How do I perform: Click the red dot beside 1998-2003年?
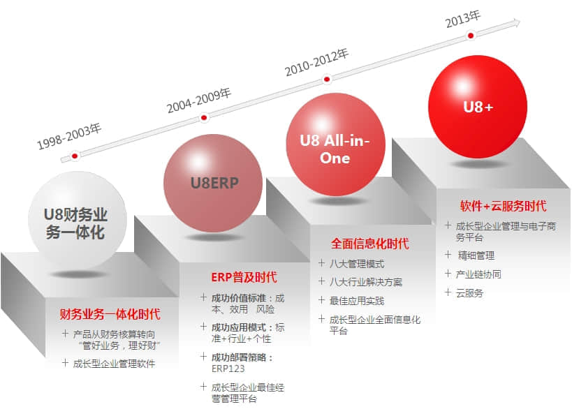click(75, 156)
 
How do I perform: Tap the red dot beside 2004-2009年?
click(204, 117)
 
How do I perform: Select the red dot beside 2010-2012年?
click(327, 79)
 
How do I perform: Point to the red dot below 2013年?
click(471, 36)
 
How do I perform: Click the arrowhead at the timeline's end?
click(516, 22)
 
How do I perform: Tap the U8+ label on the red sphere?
click(478, 107)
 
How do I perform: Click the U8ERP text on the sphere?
click(214, 183)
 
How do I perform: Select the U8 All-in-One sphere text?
click(335, 149)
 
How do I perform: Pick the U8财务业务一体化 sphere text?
click(75, 223)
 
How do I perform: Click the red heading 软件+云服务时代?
click(503, 206)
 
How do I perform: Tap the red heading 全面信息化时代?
click(370, 244)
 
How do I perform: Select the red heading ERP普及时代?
click(244, 277)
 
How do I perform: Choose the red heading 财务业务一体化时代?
click(110, 314)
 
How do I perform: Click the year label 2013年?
click(463, 19)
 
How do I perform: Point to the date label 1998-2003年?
click(69, 136)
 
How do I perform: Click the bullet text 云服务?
click(469, 292)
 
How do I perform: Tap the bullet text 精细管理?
click(476, 255)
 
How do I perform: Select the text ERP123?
click(228, 369)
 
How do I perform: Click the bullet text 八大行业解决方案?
click(366, 282)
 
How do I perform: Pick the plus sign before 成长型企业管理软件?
click(65, 363)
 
